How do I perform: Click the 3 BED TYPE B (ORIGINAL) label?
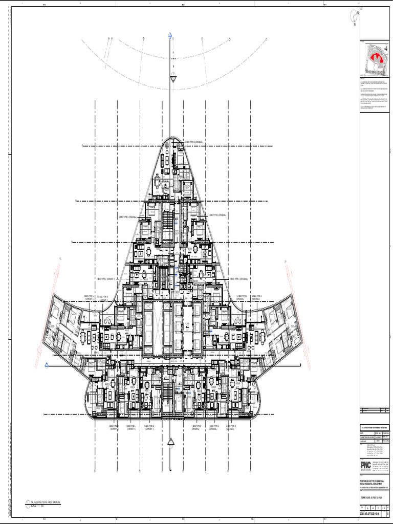coord(191,142)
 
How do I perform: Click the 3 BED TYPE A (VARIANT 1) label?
coord(91,297)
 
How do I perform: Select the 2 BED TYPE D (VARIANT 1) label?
coord(114,427)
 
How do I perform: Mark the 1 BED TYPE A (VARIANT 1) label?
coord(152,427)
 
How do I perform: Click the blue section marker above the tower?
coord(170,36)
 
